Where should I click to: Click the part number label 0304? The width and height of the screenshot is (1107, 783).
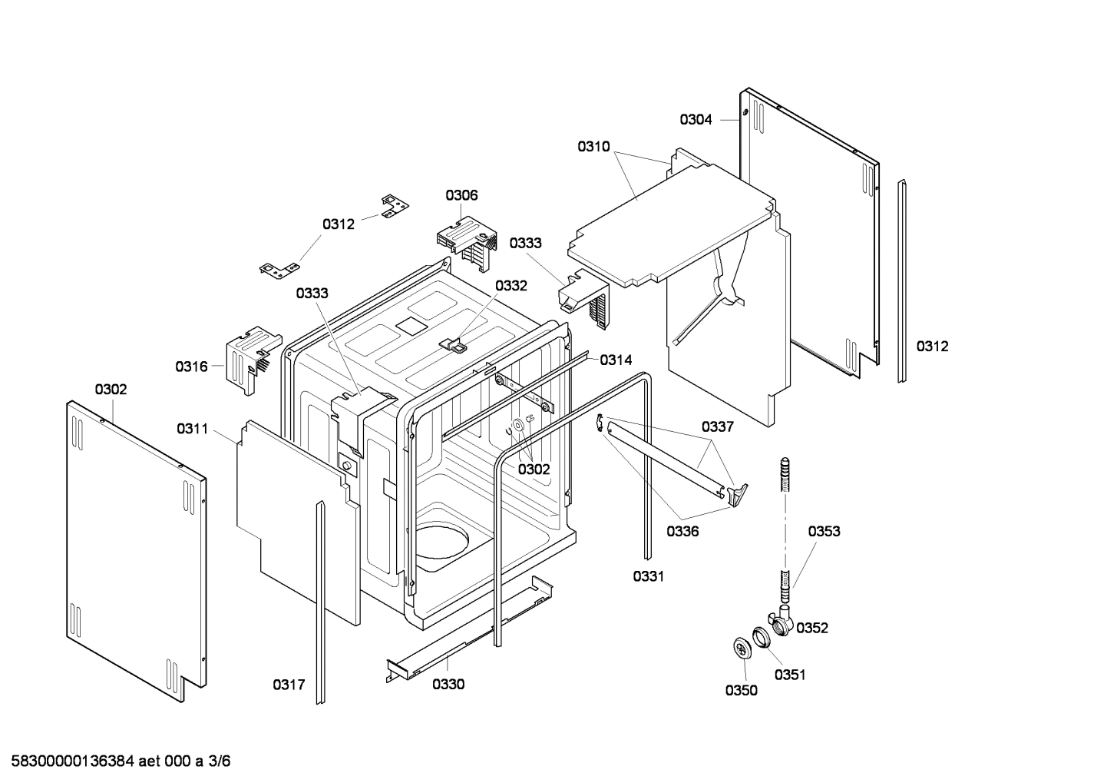tap(696, 120)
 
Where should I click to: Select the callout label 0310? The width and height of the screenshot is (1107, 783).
tap(593, 146)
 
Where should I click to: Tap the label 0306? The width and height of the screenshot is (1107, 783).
tap(461, 195)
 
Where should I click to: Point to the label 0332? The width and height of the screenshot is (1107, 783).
tap(511, 286)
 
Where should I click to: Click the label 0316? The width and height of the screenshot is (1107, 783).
tap(191, 367)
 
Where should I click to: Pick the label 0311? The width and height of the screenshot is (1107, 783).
tap(192, 429)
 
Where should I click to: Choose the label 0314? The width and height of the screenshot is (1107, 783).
tap(616, 360)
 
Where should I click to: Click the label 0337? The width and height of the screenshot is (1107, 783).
tap(717, 427)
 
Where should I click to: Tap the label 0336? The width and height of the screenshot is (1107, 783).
tap(682, 531)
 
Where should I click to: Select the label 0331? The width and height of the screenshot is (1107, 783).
tap(648, 576)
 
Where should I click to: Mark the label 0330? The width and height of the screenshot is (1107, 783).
tap(448, 685)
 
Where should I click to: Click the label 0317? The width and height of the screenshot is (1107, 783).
tap(289, 685)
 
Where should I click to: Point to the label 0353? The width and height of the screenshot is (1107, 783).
tap(824, 531)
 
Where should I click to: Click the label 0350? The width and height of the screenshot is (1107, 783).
tap(741, 690)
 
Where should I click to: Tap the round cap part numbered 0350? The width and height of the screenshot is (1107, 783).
tap(741, 649)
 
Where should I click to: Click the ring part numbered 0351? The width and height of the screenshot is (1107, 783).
tap(760, 635)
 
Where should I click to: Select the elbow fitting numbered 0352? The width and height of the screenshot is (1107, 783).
tap(782, 619)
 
